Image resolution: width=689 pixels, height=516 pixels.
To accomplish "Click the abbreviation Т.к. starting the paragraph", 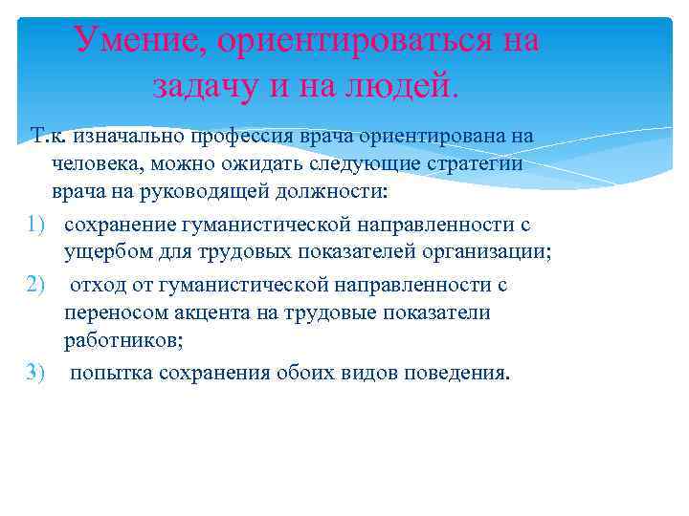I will coord(47,136).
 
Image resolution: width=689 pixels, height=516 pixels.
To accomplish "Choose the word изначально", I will coord(120,136).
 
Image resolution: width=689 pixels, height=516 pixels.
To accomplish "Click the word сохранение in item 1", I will coord(118,225).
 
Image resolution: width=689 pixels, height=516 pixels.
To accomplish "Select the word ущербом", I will coord(100,252).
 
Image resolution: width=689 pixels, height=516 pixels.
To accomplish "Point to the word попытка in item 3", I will coord(107,373).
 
